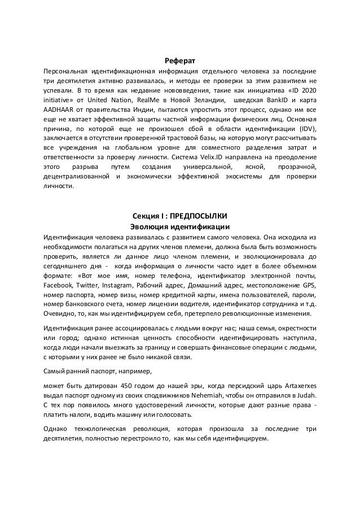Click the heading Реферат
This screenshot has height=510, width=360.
click(x=179, y=60)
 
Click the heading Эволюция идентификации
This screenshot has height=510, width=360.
click(x=179, y=226)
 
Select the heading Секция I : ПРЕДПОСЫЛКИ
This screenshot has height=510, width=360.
click(x=179, y=216)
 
